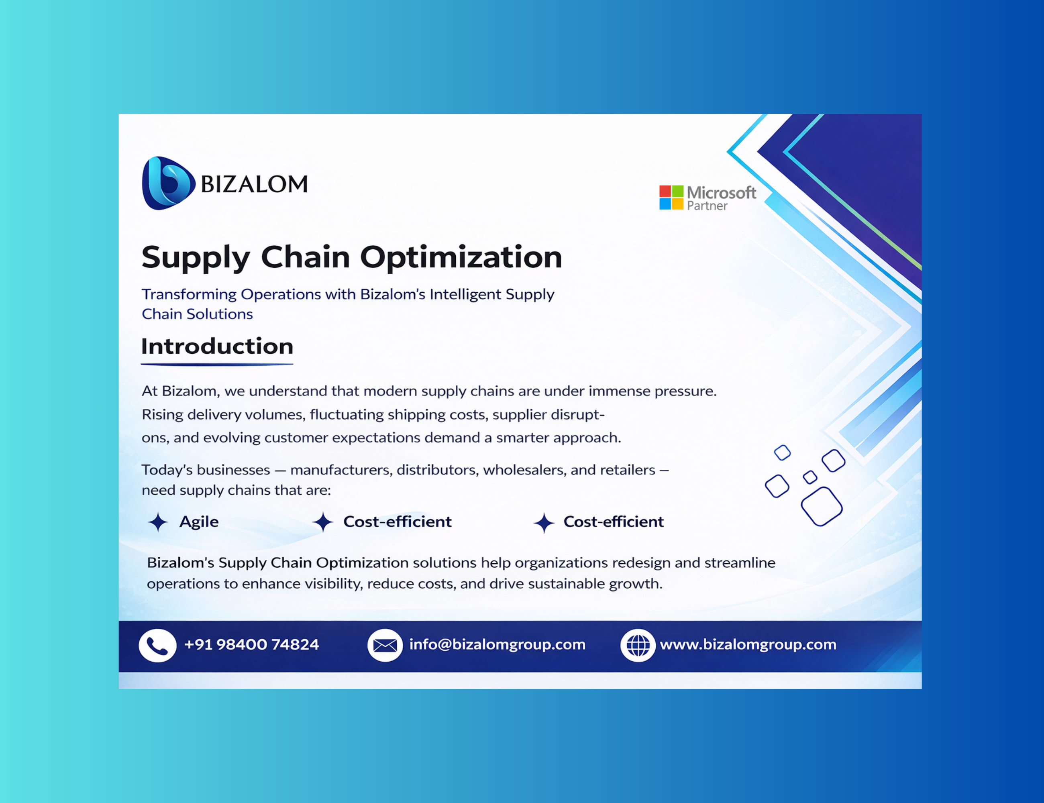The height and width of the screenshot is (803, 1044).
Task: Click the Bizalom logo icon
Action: pos(168,183)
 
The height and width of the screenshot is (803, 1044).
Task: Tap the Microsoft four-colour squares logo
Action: pos(671,198)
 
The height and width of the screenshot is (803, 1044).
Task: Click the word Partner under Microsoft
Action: pos(707,206)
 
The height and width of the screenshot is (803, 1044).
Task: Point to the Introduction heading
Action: pos(217,346)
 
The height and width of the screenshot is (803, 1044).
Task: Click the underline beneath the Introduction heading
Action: pos(217,364)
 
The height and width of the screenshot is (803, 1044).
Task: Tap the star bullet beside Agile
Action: pos(158,522)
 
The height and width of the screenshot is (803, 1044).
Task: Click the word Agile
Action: pos(199,522)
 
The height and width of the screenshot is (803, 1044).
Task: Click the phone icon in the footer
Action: pos(157,645)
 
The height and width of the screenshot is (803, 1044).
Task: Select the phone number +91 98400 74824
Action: pos(251,644)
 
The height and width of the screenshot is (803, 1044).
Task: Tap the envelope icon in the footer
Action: pos(385,645)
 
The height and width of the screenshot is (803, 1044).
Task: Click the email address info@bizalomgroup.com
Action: pos(497,645)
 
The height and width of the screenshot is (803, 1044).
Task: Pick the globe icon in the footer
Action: pos(638,645)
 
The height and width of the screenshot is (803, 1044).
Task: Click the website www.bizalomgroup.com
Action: pos(748,645)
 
